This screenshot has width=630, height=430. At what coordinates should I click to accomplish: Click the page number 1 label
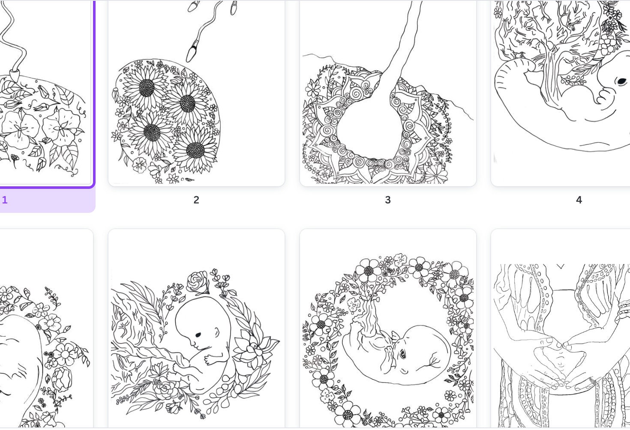[5, 200]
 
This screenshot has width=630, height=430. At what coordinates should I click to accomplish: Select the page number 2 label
[196, 200]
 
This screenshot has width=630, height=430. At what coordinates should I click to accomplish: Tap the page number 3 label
[388, 200]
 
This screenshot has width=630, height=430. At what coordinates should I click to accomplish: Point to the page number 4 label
[579, 200]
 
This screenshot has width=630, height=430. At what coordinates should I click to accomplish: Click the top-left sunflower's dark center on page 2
[147, 88]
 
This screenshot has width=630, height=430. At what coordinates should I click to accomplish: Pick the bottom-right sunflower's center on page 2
[195, 150]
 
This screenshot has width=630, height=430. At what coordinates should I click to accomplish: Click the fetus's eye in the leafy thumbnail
[198, 335]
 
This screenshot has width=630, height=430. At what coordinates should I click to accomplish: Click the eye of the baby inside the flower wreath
[403, 354]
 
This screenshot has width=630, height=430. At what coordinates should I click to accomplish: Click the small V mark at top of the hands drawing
[561, 266]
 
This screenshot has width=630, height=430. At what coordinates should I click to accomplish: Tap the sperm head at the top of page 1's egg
[15, 75]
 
